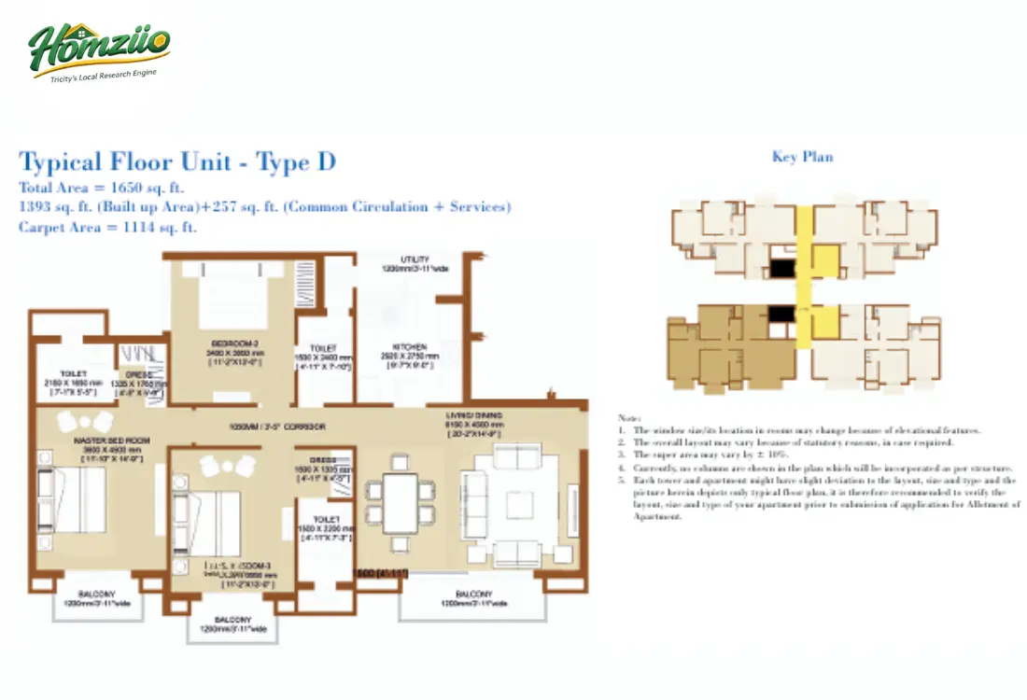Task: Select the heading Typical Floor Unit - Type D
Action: tap(177, 161)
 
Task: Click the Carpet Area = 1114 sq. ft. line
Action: tap(107, 227)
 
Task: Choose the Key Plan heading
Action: tap(802, 157)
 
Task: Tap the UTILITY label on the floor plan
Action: tap(415, 259)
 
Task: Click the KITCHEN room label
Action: tap(410, 347)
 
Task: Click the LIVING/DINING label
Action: tap(475, 415)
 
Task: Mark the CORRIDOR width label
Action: tap(278, 426)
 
